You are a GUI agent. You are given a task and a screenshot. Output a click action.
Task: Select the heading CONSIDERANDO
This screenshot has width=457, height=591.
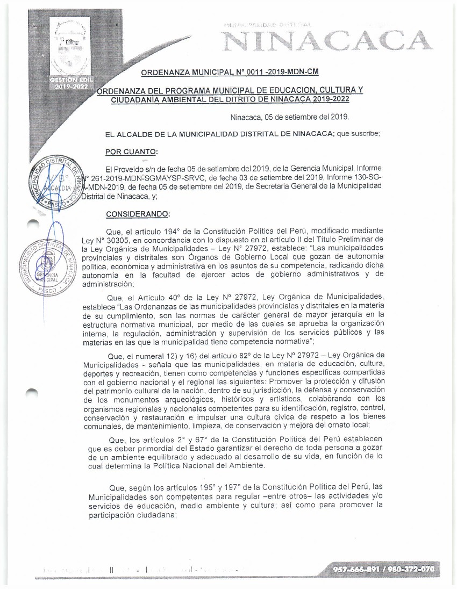pos(137,214)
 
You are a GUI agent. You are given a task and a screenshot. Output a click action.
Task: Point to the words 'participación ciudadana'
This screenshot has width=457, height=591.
pos(133,515)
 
